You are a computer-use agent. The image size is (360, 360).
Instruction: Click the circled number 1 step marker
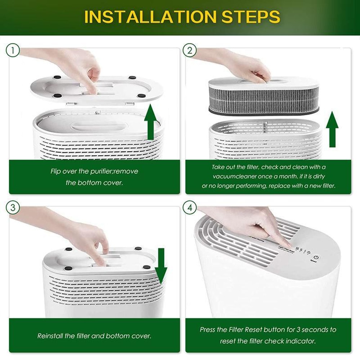pos(13,50)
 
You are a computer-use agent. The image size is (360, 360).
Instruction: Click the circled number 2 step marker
pos(189,50)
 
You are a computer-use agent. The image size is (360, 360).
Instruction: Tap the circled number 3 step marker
pos(13,208)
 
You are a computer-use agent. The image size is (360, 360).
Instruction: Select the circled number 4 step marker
pos(189,208)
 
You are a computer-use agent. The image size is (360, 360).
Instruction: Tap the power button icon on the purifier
pos(316,258)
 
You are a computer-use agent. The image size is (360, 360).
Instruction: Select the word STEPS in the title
pos(248,17)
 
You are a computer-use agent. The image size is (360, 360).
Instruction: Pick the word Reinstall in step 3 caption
pos(50,336)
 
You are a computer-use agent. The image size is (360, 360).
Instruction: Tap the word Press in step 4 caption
pos(208,329)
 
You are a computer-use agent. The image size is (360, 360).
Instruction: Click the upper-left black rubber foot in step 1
pos(57,77)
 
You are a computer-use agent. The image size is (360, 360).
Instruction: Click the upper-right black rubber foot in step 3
pos(138,248)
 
